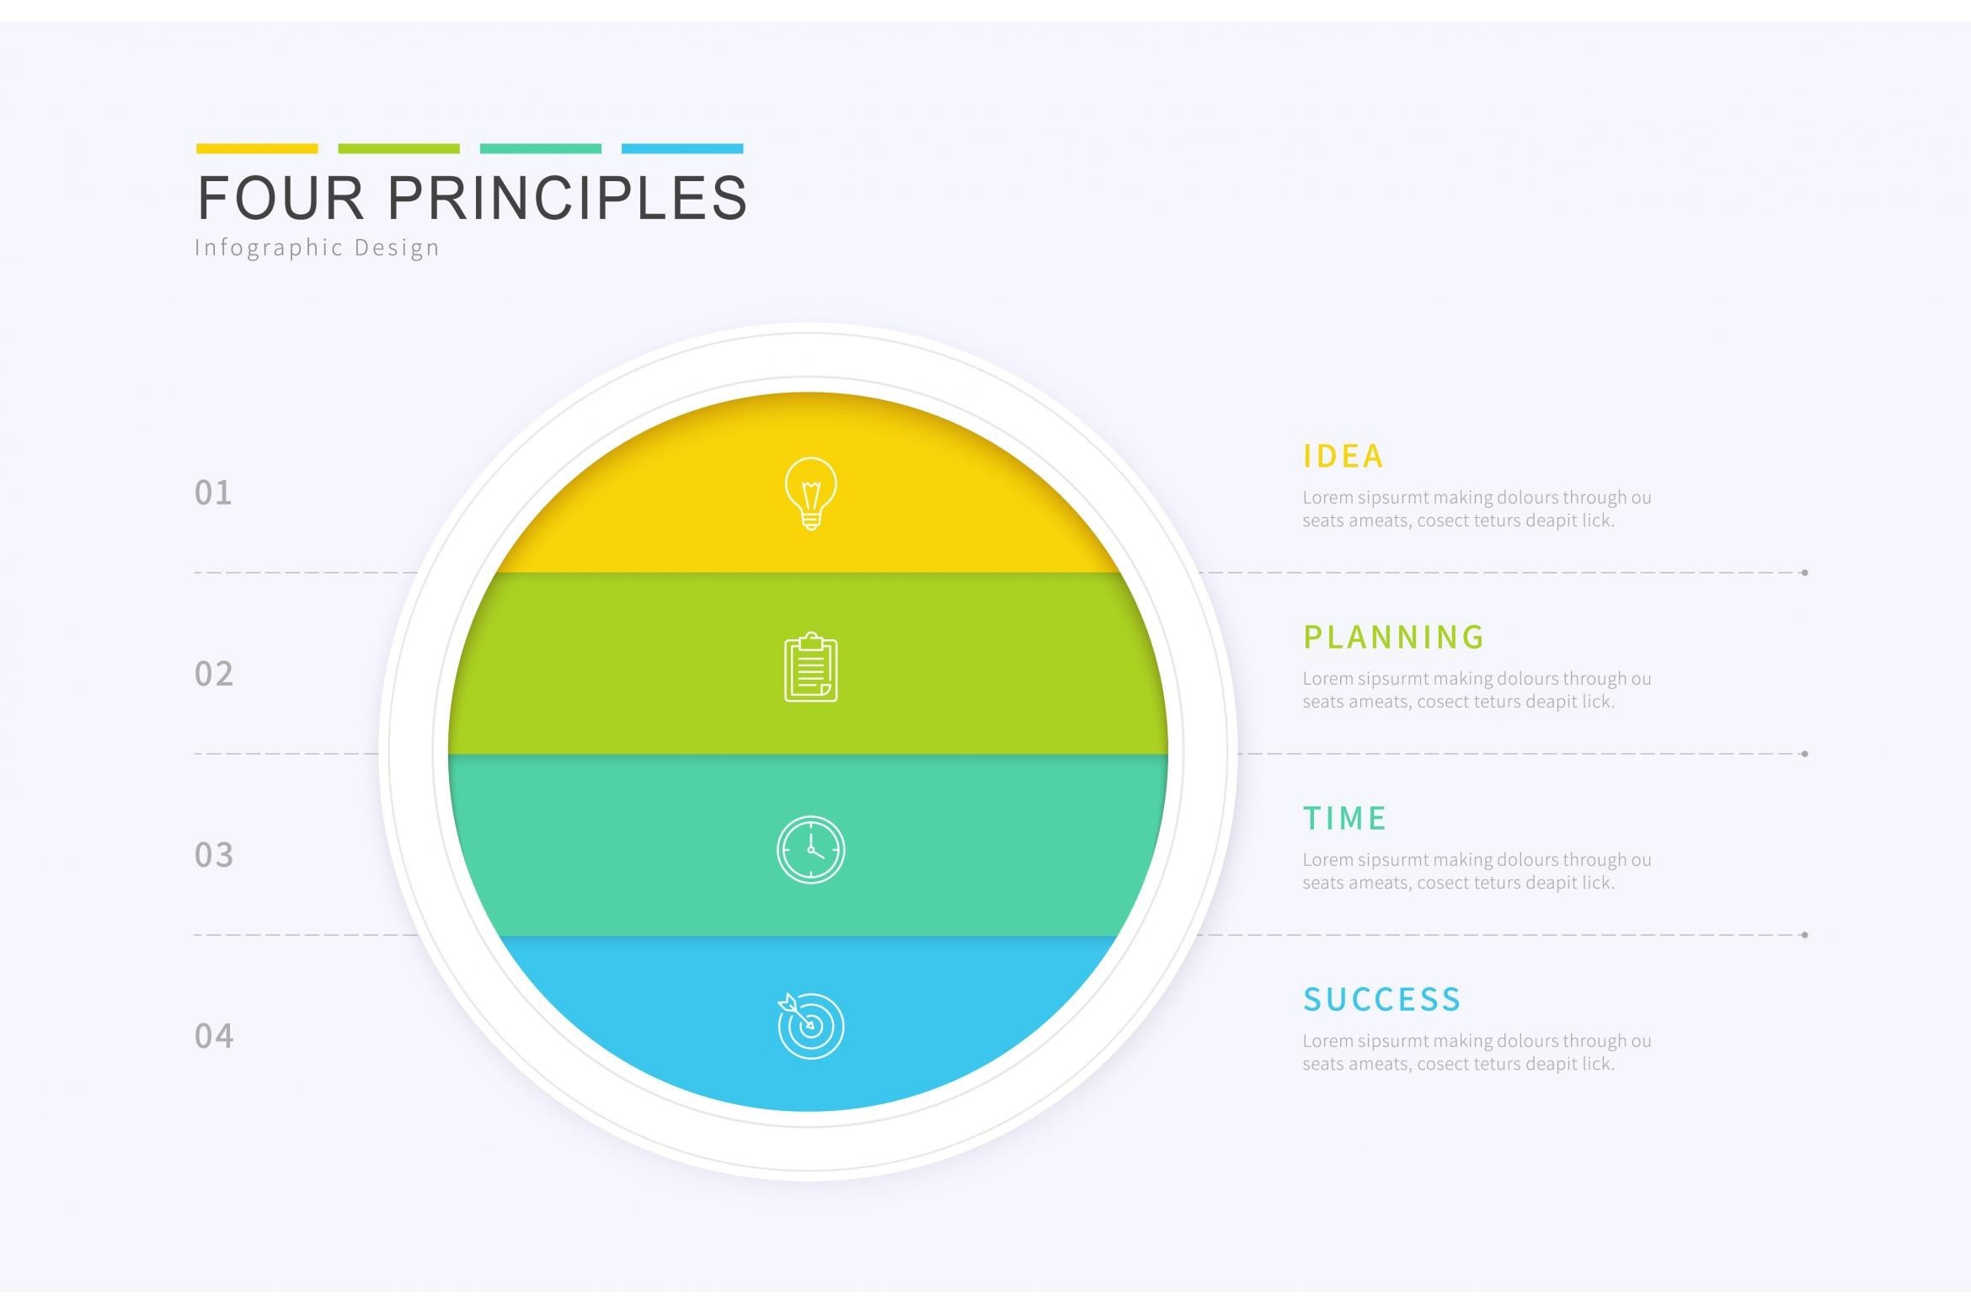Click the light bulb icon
coord(810,494)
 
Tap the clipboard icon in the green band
coord(810,667)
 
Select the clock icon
coord(810,849)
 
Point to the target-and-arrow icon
coord(810,1026)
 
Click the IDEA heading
coord(1343,457)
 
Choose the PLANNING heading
coord(1393,638)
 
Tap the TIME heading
coord(1344,819)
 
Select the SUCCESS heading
coord(1381,1000)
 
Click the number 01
coord(213,494)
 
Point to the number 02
coord(214,675)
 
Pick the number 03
coord(214,856)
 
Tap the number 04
coord(214,1037)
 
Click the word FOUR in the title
coord(280,198)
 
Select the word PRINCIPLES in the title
coord(567,198)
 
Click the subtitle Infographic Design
coord(318,248)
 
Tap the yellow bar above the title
coord(257,149)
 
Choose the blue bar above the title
coord(682,149)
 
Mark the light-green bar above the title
coord(398,149)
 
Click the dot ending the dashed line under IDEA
coord(1804,573)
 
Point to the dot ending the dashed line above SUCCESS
coord(1804,935)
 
